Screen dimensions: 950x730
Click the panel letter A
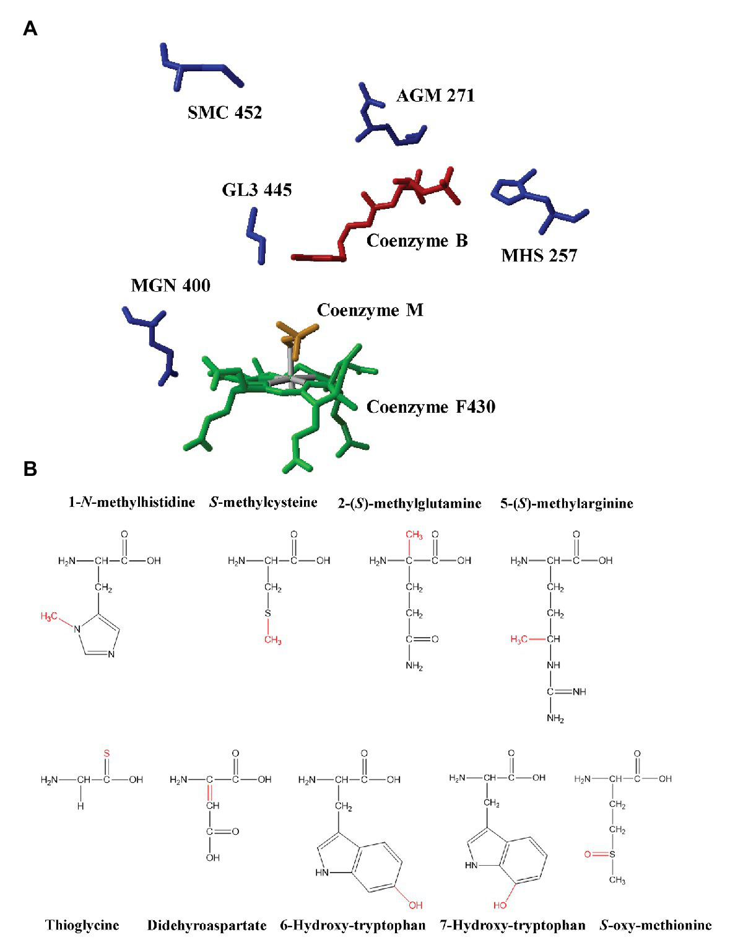click(x=30, y=29)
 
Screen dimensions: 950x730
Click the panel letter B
click(x=30, y=469)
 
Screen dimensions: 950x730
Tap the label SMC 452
click(x=225, y=112)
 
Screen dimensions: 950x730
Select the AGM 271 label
click(x=435, y=95)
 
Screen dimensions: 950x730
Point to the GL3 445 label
click(x=257, y=190)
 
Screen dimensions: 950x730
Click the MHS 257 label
click(x=539, y=255)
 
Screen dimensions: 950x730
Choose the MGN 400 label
click(x=171, y=286)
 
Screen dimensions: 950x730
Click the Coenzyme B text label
click(x=417, y=240)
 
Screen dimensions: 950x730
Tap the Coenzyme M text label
click(x=370, y=310)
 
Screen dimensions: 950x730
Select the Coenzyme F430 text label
click(x=431, y=407)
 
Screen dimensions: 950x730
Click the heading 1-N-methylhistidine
click(x=132, y=503)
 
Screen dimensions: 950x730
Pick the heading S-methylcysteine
click(x=263, y=503)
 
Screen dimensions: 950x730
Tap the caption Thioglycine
click(x=82, y=925)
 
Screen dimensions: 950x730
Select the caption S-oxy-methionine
click(x=656, y=925)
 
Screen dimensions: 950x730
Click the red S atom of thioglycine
click(x=106, y=754)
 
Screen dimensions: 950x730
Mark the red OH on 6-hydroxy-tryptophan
click(x=415, y=905)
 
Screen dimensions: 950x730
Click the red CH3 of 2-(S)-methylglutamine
click(x=414, y=535)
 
